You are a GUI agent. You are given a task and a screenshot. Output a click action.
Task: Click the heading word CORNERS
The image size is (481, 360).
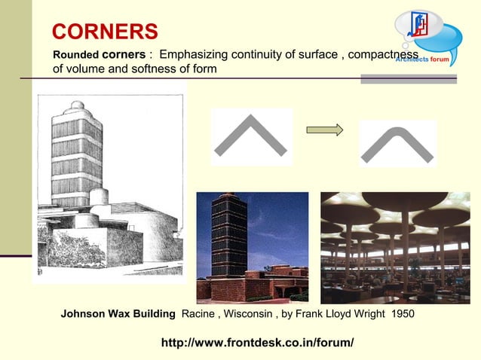point(105,32)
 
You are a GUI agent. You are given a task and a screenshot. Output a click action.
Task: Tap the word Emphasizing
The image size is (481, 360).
point(192,55)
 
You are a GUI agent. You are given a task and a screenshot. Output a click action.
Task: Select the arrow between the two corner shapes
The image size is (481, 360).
point(325,130)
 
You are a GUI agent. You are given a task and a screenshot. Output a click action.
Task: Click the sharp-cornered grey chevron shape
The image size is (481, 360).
point(251,136)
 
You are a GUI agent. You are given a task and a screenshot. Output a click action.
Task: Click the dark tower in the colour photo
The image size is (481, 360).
point(228,233)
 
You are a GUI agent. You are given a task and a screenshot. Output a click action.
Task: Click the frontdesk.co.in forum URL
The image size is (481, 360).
point(257,343)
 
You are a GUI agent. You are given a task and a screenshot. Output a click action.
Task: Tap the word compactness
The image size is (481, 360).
point(383,55)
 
